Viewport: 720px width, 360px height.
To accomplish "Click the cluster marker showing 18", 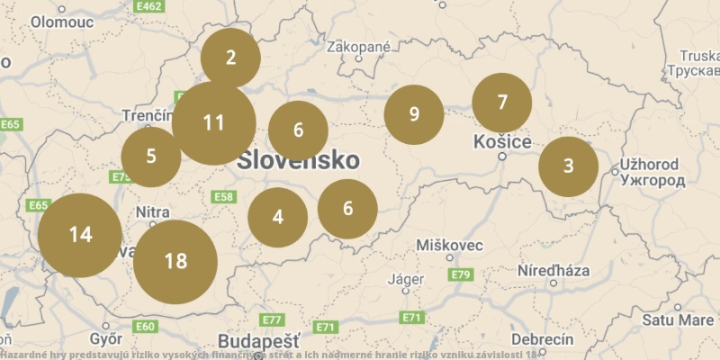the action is tap(175, 262).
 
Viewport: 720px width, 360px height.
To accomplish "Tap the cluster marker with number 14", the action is tap(80, 235).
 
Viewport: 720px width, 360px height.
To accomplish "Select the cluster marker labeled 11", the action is tap(213, 123).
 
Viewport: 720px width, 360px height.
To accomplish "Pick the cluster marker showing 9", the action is tap(414, 114).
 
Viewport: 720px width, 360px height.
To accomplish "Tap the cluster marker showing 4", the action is tap(278, 217).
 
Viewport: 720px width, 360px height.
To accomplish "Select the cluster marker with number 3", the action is tap(568, 166).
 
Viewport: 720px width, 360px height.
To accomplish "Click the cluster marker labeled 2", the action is tap(230, 58).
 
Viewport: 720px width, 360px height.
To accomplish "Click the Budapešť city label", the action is tap(258, 342).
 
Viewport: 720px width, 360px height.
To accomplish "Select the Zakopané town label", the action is tap(359, 47).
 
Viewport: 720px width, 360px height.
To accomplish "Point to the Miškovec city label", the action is tap(450, 246).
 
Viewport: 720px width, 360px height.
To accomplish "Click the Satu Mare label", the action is tap(678, 319).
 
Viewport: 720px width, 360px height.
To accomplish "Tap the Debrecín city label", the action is tap(542, 339).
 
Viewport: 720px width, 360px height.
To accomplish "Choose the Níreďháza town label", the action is tap(553, 270).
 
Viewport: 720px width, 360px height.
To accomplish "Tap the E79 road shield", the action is tap(461, 274).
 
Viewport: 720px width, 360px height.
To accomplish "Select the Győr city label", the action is tap(106, 339).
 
